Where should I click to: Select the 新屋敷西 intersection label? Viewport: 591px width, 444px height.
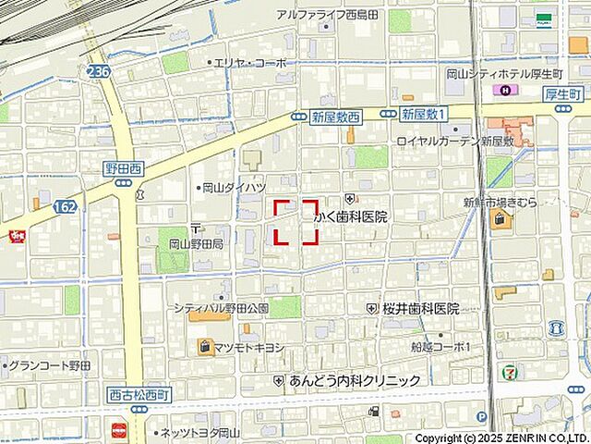click(x=335, y=116)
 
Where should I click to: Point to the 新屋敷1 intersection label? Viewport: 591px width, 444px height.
click(x=425, y=113)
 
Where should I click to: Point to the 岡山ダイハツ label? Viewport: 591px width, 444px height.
click(x=234, y=187)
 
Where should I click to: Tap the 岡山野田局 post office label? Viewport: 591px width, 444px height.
click(x=196, y=244)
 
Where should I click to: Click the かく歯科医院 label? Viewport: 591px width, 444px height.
click(x=351, y=216)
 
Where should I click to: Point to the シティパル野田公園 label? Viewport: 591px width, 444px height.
click(x=221, y=307)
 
